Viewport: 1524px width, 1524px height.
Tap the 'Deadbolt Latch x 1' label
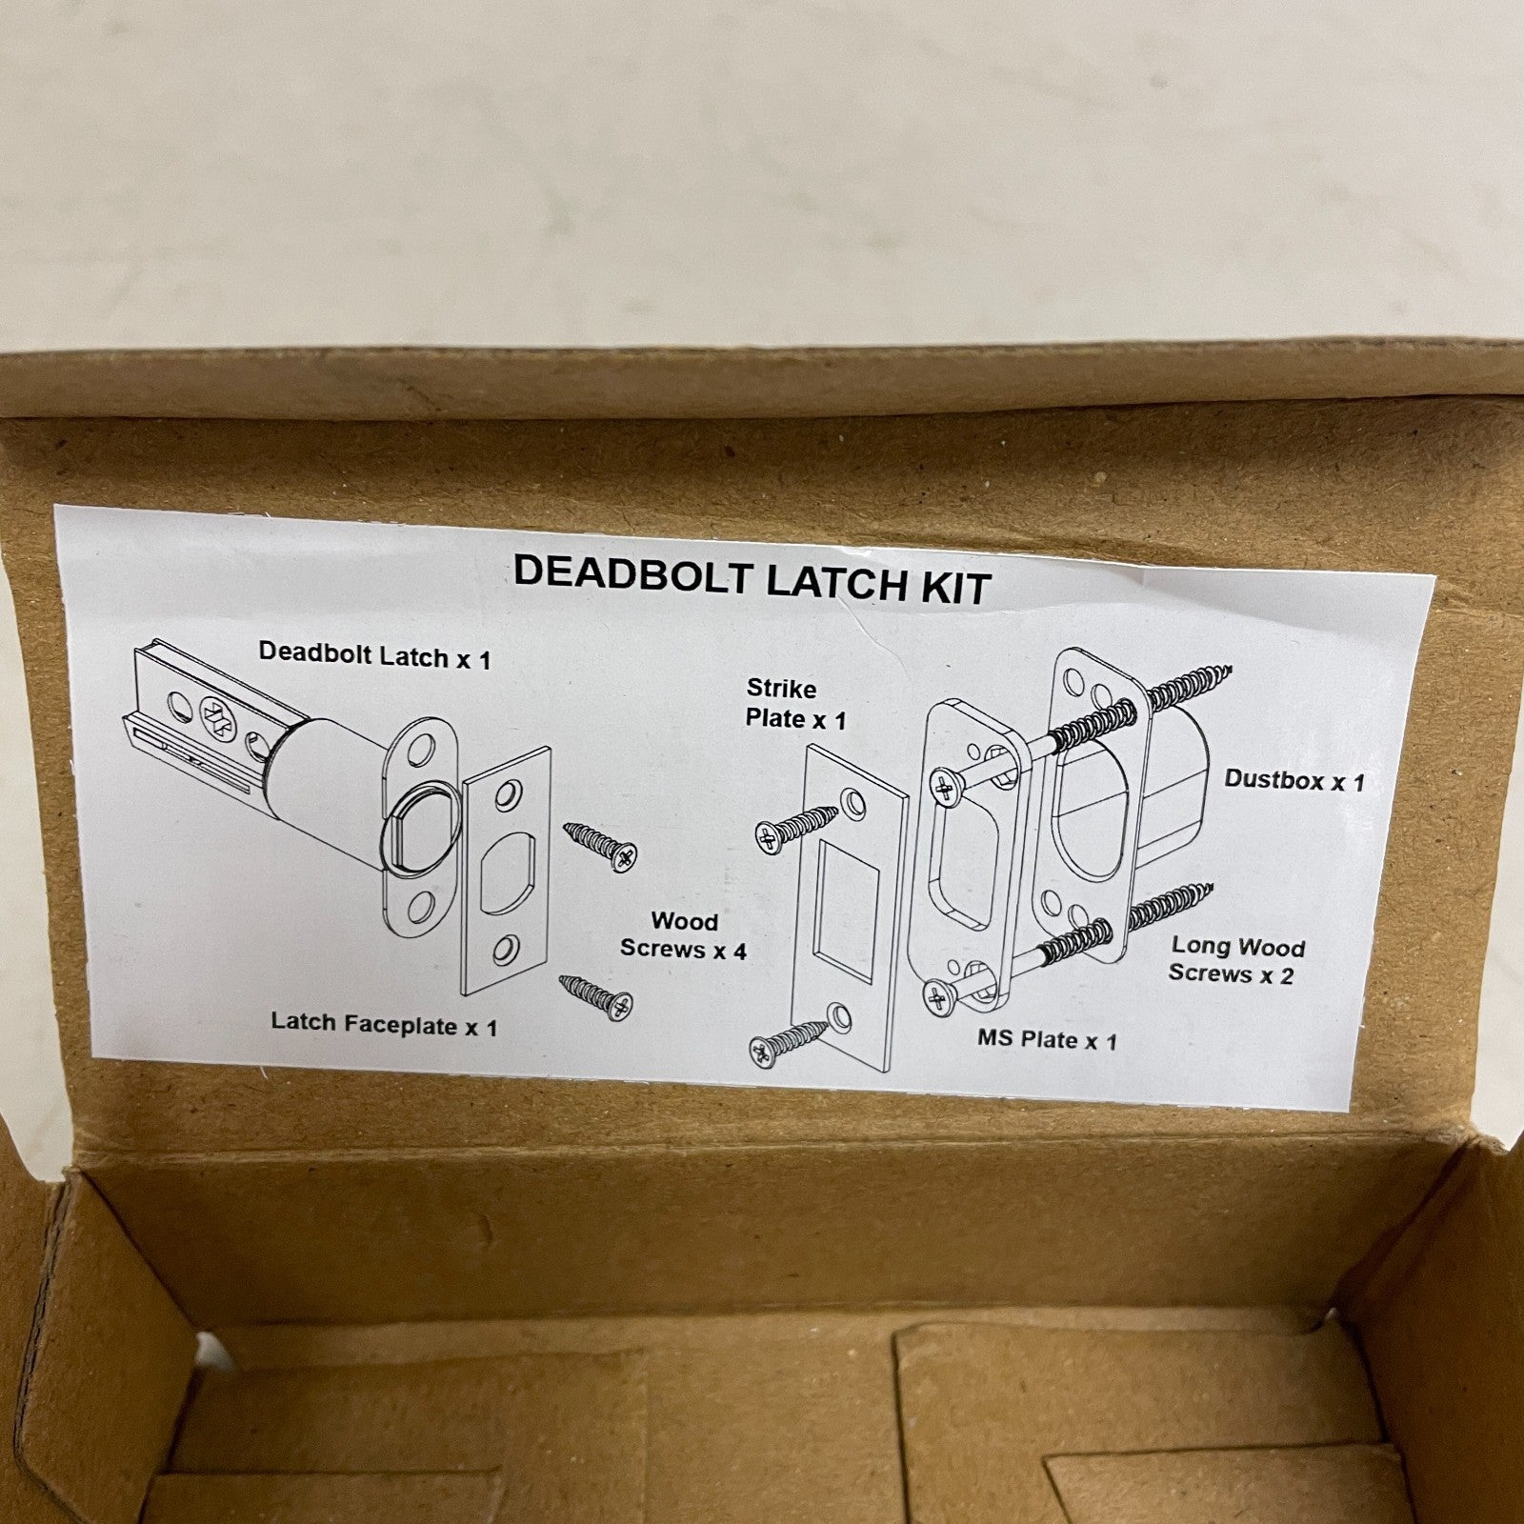pos(374,655)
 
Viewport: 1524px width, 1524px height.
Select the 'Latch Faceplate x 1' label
pos(384,1024)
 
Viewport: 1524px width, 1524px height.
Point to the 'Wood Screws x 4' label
pos(683,934)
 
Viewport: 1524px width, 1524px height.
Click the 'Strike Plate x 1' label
pos(795,703)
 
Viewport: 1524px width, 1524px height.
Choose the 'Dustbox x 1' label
pos(1293,780)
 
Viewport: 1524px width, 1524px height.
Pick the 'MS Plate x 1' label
pos(1047,1039)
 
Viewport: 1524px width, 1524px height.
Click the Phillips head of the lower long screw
pos(939,997)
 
